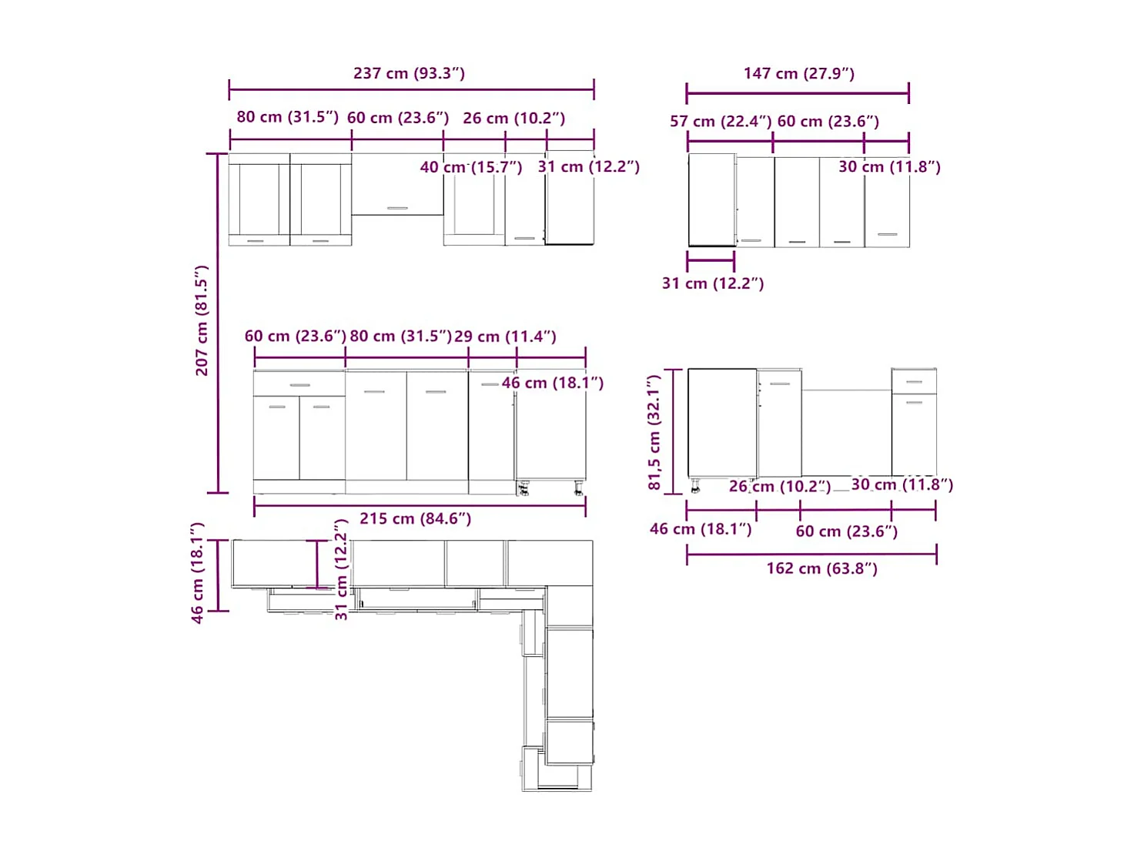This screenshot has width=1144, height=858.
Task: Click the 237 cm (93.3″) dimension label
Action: pos(409,73)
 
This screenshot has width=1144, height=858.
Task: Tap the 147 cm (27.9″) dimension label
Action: pos(798,73)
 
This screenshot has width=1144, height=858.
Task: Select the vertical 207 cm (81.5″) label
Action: pos(202,320)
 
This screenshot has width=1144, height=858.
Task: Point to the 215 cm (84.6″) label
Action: pos(415,518)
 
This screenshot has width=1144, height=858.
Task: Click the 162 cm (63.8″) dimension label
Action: pos(821,568)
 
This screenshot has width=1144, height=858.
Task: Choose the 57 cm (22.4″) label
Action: pos(721,122)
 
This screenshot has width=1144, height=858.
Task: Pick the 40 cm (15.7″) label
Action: pos(470,167)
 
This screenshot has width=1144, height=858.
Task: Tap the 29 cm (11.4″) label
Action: pos(504,337)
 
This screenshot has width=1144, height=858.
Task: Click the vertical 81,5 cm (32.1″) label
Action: pos(654,432)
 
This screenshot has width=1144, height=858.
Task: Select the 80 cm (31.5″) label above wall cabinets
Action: pos(287,117)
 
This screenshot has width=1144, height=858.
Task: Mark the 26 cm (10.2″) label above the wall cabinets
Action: pos(513,119)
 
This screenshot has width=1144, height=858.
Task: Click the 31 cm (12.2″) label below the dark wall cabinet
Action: pos(712,283)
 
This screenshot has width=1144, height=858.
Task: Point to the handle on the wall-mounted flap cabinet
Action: pos(397,208)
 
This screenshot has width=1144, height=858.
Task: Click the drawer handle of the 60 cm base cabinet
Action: pos(299,385)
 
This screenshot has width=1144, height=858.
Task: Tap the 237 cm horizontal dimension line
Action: pos(411,89)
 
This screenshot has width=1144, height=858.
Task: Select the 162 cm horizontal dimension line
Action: pos(811,555)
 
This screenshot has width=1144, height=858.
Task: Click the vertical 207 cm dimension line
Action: pos(217,323)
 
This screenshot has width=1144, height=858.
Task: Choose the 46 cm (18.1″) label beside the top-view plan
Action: pos(197,573)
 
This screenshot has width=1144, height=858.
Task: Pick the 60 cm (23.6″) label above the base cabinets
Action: pos(295,337)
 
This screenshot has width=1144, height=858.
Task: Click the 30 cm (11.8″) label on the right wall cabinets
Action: pos(889,167)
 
